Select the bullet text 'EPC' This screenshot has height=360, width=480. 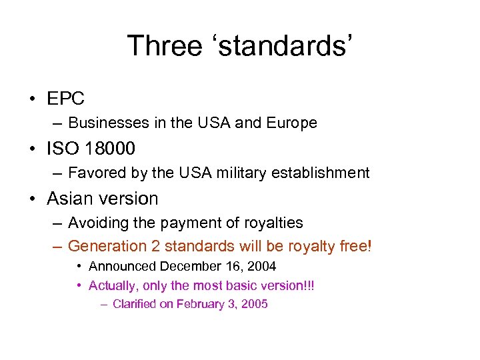point(66,99)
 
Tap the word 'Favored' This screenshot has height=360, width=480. point(95,173)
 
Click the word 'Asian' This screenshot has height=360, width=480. point(70,199)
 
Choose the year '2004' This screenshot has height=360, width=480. point(262,267)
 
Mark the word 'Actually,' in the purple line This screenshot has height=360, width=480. point(113,286)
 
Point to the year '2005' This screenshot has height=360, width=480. point(255,304)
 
